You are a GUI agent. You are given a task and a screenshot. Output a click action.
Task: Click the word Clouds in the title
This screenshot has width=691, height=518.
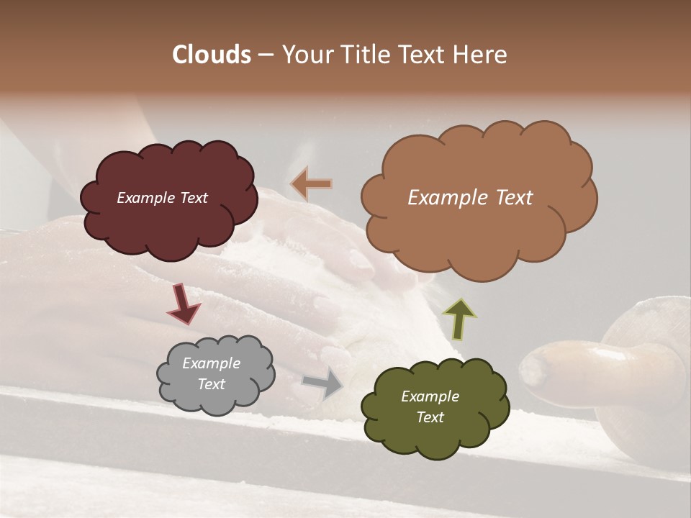coord(212,55)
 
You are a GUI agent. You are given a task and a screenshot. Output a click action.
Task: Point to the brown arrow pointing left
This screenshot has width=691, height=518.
coord(311,184)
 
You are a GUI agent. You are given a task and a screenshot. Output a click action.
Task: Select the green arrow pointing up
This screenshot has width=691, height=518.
coord(459,318)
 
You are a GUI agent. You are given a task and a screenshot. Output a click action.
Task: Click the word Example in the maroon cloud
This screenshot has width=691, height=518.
coord(145,198)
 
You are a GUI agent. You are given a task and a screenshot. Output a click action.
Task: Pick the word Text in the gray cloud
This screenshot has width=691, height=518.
coord(211,384)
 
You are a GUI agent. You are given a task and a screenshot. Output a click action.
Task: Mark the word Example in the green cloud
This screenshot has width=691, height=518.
coord(430,396)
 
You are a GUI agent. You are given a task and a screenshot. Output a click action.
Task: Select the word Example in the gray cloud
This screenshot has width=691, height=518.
coord(211,363)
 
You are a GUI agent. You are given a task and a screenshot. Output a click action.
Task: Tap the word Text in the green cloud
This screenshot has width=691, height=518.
coord(430,417)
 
